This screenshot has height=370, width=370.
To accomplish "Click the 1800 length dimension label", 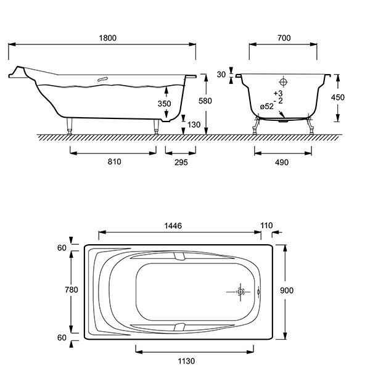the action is pyautogui.click(x=107, y=38).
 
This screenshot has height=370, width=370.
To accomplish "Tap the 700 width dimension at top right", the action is pyautogui.click(x=284, y=38).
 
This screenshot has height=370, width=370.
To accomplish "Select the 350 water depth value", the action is pyautogui.click(x=164, y=104).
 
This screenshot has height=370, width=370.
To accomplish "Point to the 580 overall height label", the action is pyautogui.click(x=205, y=101).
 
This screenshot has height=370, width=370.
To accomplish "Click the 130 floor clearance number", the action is pyautogui.click(x=194, y=125).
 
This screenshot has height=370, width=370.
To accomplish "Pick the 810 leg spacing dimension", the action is pyautogui.click(x=115, y=162).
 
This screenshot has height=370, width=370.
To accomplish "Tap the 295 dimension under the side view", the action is pyautogui.click(x=181, y=162).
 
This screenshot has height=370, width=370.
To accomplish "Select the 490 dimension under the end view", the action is pyautogui.click(x=282, y=162).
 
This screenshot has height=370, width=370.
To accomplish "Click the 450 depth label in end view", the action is pyautogui.click(x=338, y=97).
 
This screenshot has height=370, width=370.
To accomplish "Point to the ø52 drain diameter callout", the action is pyautogui.click(x=267, y=107).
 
